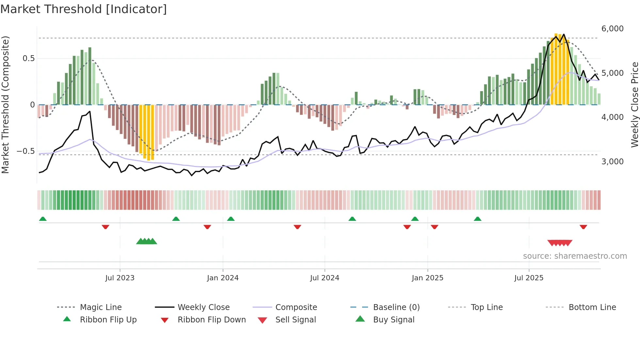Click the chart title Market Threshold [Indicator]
[x=84, y=9]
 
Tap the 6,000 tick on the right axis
[x=612, y=29]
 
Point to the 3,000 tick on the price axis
[x=612, y=162]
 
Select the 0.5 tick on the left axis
[x=28, y=58]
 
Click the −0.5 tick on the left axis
[x=25, y=151]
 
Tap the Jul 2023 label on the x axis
[x=120, y=278]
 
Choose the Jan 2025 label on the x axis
[x=427, y=278]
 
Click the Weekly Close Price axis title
[x=634, y=105]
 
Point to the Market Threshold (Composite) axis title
[x=5, y=105]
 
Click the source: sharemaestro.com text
[x=575, y=256]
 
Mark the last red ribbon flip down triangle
[x=583, y=227]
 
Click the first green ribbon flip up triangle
[x=43, y=219]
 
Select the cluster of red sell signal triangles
[x=560, y=243]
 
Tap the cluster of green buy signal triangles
[x=146, y=241]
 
